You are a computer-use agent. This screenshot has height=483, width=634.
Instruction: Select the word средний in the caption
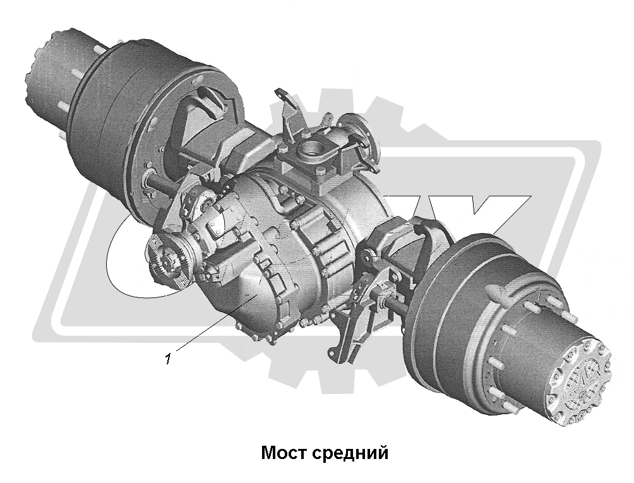349,453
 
